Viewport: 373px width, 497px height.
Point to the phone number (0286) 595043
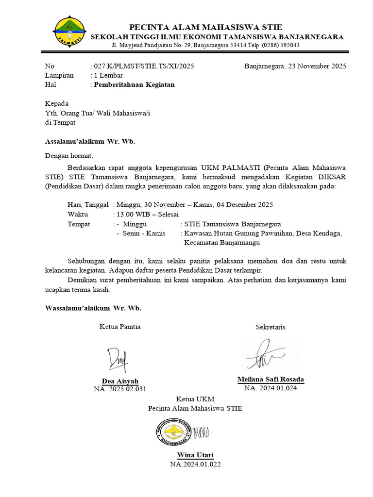[281, 45]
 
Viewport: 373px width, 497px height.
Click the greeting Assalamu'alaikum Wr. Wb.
[90, 142]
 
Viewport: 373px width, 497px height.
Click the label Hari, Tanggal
[88, 205]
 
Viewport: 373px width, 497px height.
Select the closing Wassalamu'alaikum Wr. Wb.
[93, 308]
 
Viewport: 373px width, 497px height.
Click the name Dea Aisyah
[120, 381]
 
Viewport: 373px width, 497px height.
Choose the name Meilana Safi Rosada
[271, 380]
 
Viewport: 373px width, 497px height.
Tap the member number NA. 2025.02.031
[120, 389]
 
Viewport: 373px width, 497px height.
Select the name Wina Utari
[195, 455]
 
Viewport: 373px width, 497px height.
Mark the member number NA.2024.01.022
[195, 464]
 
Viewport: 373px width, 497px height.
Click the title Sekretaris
[271, 327]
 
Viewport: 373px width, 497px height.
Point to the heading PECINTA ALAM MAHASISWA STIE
[205, 27]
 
